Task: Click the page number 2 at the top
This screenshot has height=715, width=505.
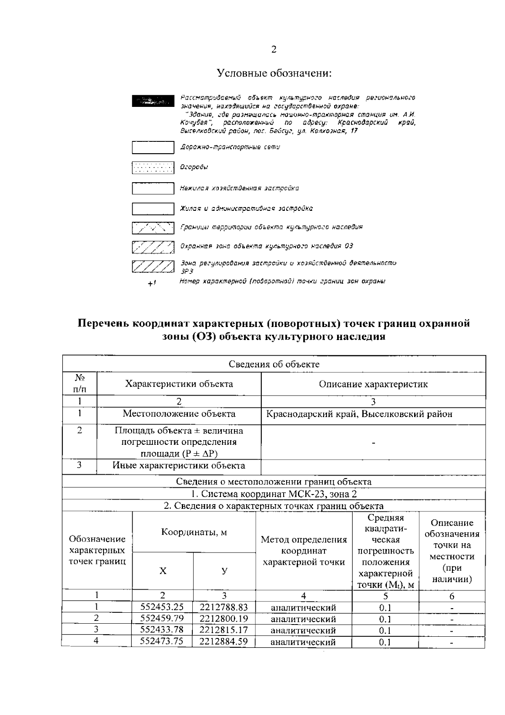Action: [x=274, y=50]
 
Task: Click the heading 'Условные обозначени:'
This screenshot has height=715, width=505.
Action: [x=274, y=73]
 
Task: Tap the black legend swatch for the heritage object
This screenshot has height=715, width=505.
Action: [x=153, y=101]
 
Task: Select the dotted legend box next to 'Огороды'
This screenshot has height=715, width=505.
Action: [x=153, y=168]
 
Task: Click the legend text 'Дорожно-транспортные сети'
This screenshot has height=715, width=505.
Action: [x=230, y=147]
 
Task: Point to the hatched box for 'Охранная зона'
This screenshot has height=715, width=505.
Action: [x=153, y=247]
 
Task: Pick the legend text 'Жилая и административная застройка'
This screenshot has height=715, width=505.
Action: [x=246, y=208]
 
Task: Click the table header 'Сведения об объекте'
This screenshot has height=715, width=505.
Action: [x=274, y=364]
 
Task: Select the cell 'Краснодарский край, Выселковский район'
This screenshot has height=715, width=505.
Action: [x=359, y=414]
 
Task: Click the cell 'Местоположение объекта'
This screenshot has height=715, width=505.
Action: [x=179, y=414]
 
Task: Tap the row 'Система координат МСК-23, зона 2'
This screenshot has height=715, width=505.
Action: [x=274, y=494]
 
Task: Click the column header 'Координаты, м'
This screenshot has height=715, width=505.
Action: [x=194, y=532]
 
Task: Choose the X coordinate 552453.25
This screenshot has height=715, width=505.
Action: [x=162, y=607]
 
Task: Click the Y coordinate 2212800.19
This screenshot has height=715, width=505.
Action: [x=224, y=619]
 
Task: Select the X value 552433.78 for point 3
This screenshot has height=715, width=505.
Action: [x=162, y=630]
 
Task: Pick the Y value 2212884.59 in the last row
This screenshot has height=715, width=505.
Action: [x=224, y=641]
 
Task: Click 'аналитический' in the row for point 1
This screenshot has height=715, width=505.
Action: [x=303, y=608]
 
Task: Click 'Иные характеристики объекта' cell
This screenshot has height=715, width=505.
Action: [x=179, y=465]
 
